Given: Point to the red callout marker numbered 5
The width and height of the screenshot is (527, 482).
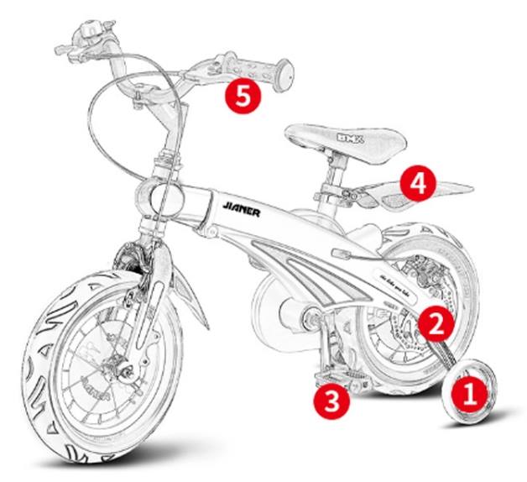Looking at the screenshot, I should [x=242, y=95].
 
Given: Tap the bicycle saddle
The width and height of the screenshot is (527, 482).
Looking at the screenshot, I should [x=344, y=137].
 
